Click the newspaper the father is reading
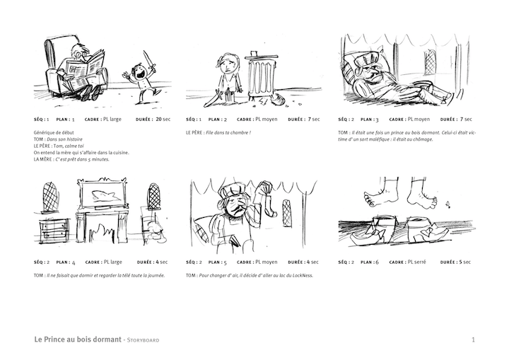[86, 69]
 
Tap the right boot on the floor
[427, 228]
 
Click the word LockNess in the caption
[300, 275]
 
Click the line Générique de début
[53, 133]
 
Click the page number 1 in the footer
[472, 340]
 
